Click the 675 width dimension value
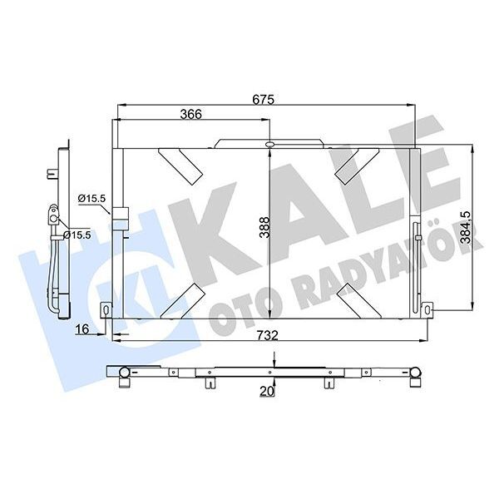[x=264, y=98]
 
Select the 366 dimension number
[x=192, y=115]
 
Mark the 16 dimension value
[x=82, y=330]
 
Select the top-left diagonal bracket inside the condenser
[x=181, y=162]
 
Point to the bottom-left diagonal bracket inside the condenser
[x=181, y=299]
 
